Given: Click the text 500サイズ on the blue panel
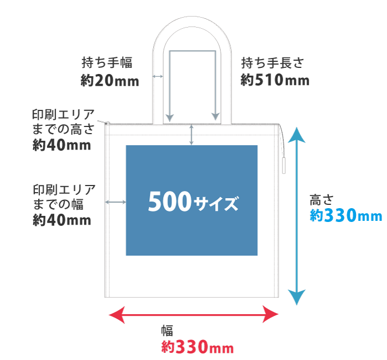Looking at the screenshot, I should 193,203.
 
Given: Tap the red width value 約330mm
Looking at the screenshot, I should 198,347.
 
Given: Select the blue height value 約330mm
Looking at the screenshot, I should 346,215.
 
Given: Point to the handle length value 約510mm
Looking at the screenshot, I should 275,80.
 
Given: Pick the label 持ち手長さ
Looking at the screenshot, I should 272,63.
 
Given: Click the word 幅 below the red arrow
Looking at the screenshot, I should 167,331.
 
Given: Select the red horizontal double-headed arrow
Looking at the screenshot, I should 194,315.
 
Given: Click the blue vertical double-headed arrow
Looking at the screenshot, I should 297,215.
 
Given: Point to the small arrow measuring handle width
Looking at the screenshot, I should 158,76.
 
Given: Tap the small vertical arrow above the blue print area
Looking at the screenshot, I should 192,135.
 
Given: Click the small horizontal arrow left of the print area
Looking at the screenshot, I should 116,203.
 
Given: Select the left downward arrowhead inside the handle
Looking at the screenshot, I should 170,117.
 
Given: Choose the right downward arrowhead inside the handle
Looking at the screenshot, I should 215,117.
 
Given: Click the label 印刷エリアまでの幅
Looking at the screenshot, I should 64,197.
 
